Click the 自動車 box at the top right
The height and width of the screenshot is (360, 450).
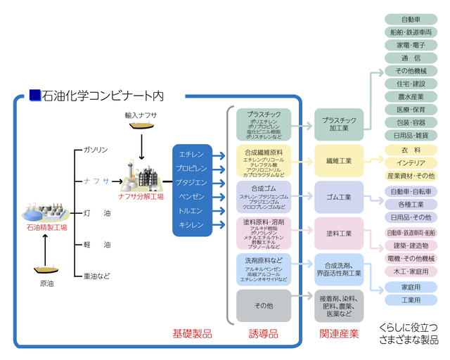click(x=411, y=19)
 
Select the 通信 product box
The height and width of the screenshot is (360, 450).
click(x=411, y=58)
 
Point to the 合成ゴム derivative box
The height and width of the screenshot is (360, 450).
click(x=264, y=197)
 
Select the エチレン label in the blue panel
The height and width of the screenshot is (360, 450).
click(x=192, y=154)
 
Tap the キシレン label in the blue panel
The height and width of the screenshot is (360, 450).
click(x=192, y=225)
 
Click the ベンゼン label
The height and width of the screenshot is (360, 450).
click(x=192, y=196)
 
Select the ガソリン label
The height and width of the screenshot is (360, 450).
click(x=96, y=150)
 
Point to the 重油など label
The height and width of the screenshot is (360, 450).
click(x=97, y=276)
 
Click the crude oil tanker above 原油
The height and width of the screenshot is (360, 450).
click(x=46, y=269)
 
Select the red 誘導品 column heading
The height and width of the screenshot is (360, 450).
click(x=264, y=333)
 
